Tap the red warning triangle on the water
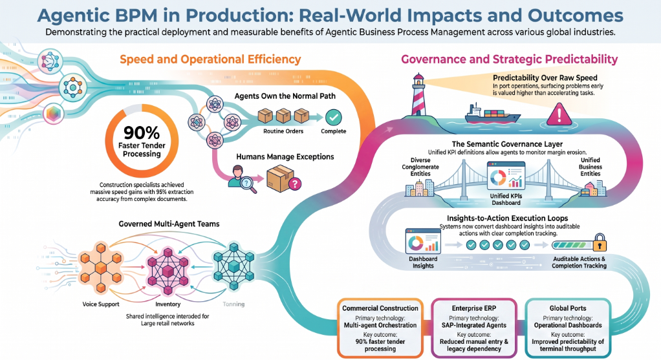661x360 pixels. coord(559,114)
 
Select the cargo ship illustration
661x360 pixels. coord(492,113)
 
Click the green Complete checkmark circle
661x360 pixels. coord(334,118)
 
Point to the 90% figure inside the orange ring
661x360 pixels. coord(142,133)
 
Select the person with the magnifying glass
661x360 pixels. coord(241,179)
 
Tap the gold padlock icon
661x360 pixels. coord(599,243)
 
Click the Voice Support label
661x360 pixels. coord(101,304)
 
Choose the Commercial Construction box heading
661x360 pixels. coord(380,308)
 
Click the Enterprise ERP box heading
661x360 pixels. coord(474,308)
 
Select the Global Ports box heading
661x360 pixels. coord(568,308)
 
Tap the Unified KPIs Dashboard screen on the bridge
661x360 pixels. coord(506,176)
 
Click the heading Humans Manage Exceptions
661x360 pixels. coord(285,156)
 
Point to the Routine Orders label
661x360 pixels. coord(283,131)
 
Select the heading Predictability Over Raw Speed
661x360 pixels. coord(545,78)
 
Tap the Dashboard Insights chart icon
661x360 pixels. coord(423,241)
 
